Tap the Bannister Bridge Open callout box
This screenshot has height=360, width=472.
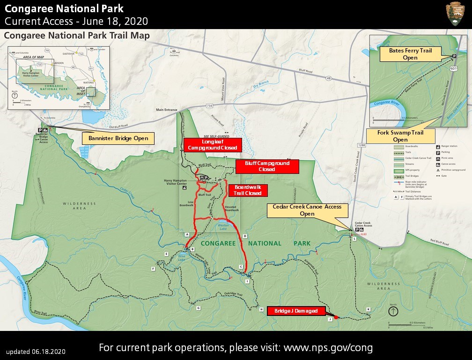tap(118, 138)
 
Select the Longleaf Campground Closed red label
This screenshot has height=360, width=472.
tap(213, 144)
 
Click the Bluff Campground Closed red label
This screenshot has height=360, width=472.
tap(267, 166)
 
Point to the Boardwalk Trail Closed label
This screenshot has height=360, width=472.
tap(248, 190)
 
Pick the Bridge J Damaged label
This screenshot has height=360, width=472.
tap(295, 311)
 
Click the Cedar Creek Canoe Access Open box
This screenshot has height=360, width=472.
tap(308, 210)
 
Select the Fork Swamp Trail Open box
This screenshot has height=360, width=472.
tap(400, 136)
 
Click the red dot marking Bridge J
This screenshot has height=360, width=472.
tap(336, 317)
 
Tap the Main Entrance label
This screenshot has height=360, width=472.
tap(167, 110)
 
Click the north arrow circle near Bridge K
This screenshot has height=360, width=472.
tap(393, 311)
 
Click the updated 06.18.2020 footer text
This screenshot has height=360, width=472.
tap(36, 352)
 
